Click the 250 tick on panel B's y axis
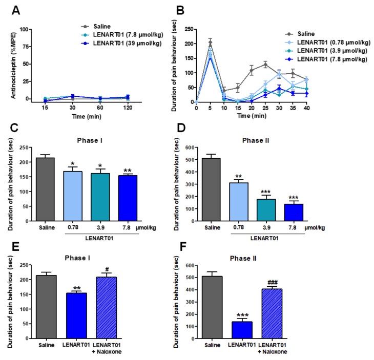tap(189, 28)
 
